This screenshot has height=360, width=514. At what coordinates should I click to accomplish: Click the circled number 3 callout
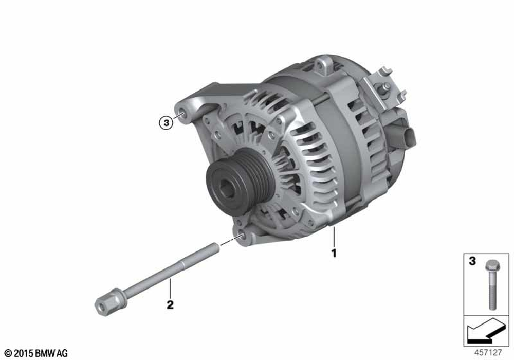coord(166,123)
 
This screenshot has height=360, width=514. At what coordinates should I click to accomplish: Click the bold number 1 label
coord(334,253)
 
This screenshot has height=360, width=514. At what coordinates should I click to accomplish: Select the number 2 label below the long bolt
coord(170,304)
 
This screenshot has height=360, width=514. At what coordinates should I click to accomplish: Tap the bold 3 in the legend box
coord(472,261)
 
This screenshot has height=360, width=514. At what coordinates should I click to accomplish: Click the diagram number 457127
coord(488,352)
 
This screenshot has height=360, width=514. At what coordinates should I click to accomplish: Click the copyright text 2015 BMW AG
coord(36,353)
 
